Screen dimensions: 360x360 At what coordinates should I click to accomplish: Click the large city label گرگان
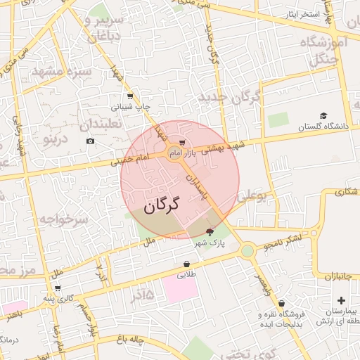[162, 205]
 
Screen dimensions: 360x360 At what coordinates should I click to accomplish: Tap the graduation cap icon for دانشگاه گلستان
[323, 116]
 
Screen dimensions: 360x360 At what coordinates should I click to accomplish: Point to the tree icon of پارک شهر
[210, 232]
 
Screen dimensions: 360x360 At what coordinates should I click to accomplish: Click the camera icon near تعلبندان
[90, 141]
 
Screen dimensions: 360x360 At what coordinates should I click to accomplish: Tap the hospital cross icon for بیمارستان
[342, 300]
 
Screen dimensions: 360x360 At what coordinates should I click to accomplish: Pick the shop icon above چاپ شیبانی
[129, 97]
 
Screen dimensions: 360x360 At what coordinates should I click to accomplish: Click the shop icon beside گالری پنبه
[57, 288]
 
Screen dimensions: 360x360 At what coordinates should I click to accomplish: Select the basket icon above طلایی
[185, 264]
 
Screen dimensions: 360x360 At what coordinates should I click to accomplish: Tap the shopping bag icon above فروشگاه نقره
[281, 304]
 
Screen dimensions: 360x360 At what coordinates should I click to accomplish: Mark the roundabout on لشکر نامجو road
[247, 250]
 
